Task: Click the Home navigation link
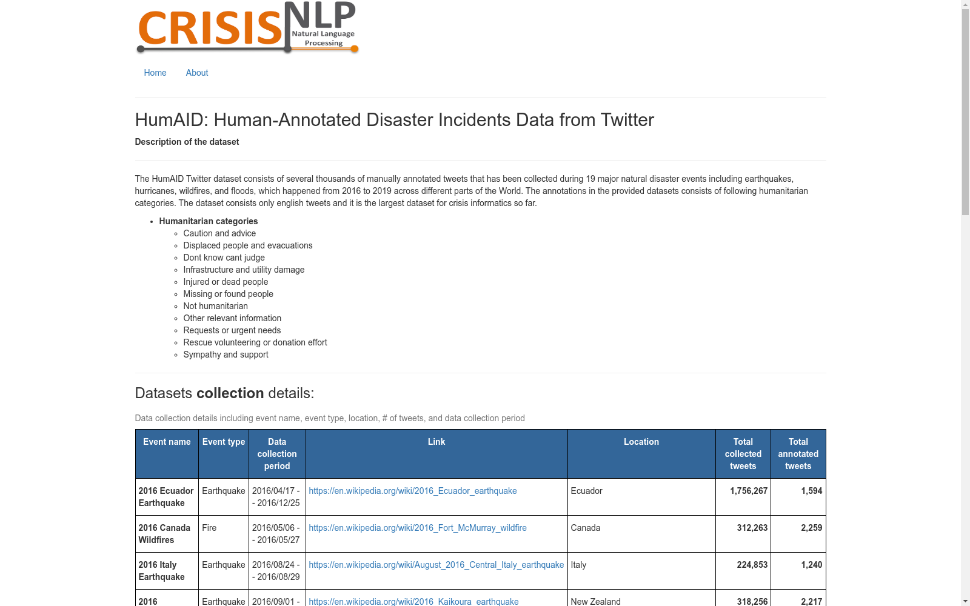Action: (x=155, y=73)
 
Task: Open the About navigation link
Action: (x=197, y=73)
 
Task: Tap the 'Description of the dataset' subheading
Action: (x=187, y=142)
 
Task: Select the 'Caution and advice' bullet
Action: (x=219, y=233)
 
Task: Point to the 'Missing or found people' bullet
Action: (x=228, y=294)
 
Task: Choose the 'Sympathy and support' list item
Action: (x=226, y=355)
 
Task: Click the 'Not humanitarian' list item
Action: (x=215, y=306)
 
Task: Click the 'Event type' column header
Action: (x=224, y=442)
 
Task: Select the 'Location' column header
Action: (x=641, y=442)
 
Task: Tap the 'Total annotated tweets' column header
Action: (x=798, y=454)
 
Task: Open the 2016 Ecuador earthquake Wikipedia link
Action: (x=413, y=491)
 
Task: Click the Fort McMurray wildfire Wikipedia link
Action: (x=418, y=528)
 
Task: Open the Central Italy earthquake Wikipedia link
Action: (x=436, y=565)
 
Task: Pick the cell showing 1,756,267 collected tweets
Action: (x=749, y=491)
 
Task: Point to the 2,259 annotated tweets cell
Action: (x=811, y=528)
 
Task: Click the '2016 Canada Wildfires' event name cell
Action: (x=164, y=534)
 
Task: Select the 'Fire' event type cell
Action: (x=209, y=528)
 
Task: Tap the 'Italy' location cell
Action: (x=578, y=565)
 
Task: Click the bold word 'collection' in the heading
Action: (x=230, y=393)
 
